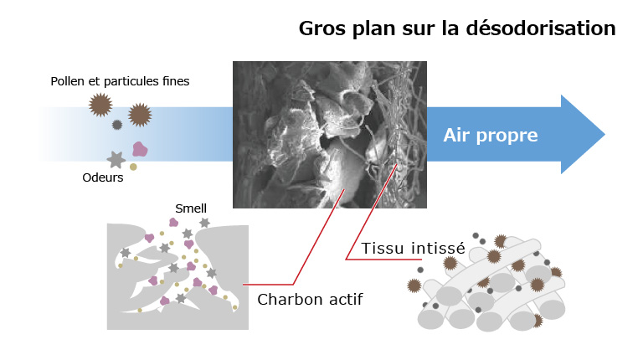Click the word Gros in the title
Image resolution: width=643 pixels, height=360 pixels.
322,28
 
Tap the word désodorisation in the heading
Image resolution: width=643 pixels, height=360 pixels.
541,28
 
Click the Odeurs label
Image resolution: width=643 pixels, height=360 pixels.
102,177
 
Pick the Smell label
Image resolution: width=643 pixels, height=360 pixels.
191,208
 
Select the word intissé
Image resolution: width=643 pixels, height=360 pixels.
439,248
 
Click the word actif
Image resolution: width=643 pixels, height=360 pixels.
347,300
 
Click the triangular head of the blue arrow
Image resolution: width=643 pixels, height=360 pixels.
580,135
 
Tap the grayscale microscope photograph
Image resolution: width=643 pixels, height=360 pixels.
330,135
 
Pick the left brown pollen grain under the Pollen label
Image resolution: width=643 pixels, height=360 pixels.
100,105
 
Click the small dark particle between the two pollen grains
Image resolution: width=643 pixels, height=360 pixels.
117,125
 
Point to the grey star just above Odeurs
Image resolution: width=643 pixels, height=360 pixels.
116,160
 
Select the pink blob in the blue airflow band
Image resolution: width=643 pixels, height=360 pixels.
140,149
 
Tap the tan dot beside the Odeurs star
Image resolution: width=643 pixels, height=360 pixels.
133,167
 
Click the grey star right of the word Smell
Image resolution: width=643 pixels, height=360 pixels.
204,223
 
